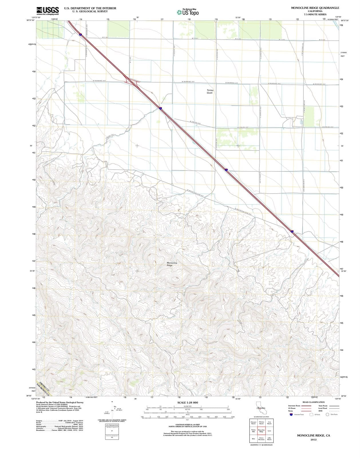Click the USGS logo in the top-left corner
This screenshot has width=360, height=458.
[x=48, y=11]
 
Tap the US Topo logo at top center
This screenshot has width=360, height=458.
[x=188, y=12]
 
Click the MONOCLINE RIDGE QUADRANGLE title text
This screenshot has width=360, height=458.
[x=315, y=8]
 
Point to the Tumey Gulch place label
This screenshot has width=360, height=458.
[x=210, y=91]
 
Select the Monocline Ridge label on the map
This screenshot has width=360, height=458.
[x=172, y=264]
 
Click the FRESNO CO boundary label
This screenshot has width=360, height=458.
[x=44, y=386]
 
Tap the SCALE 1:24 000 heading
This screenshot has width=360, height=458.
[x=187, y=402]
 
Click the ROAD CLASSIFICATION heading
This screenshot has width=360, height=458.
[x=314, y=402]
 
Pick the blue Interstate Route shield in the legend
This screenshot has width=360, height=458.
[x=291, y=414]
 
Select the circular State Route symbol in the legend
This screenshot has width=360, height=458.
[x=327, y=414]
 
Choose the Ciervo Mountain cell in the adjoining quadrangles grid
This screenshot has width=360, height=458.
[x=261, y=439]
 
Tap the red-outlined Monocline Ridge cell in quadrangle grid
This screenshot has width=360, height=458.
[x=261, y=431]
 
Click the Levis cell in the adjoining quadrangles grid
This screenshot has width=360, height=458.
[x=269, y=431]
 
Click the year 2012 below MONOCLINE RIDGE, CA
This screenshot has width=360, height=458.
[x=313, y=440]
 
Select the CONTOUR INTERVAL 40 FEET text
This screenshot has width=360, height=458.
[x=187, y=425]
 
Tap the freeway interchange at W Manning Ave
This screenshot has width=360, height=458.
[x=132, y=82]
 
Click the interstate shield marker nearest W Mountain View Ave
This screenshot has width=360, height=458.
[x=226, y=170]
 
